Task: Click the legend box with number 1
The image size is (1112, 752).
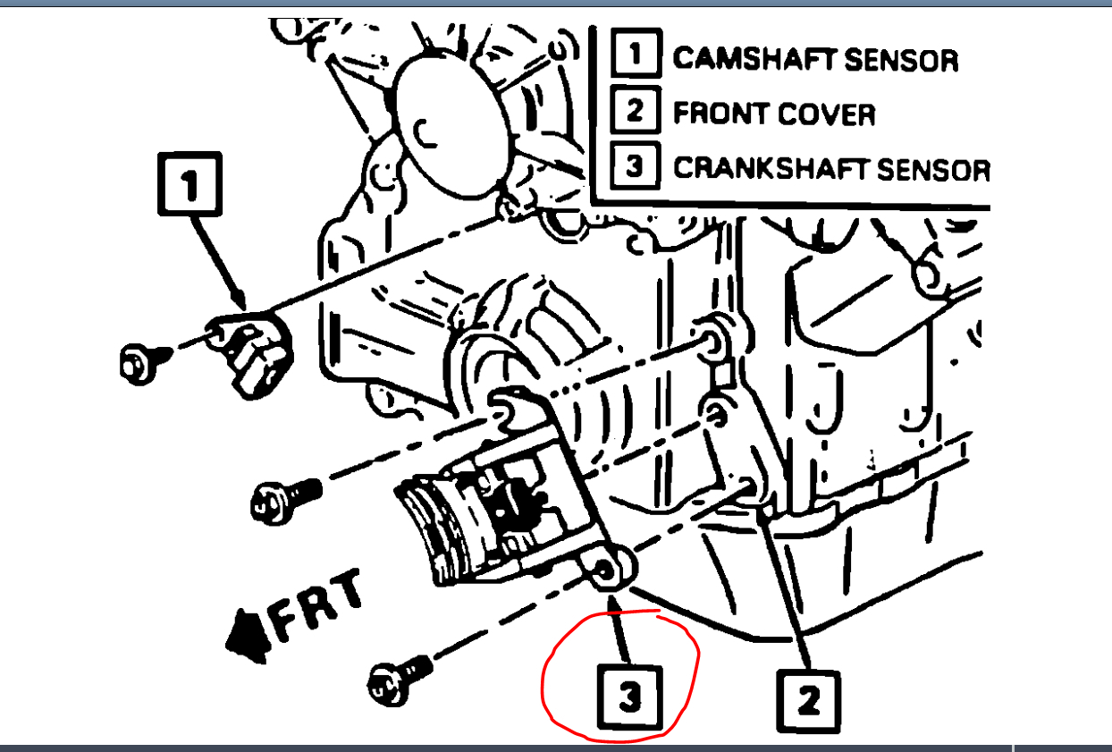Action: (x=635, y=55)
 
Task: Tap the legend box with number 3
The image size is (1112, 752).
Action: (x=635, y=166)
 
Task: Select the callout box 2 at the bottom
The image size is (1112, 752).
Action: (x=808, y=700)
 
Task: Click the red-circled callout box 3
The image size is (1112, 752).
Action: (x=630, y=697)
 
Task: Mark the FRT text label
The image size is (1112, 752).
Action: (x=316, y=608)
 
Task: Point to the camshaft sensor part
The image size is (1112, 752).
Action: (x=255, y=351)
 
